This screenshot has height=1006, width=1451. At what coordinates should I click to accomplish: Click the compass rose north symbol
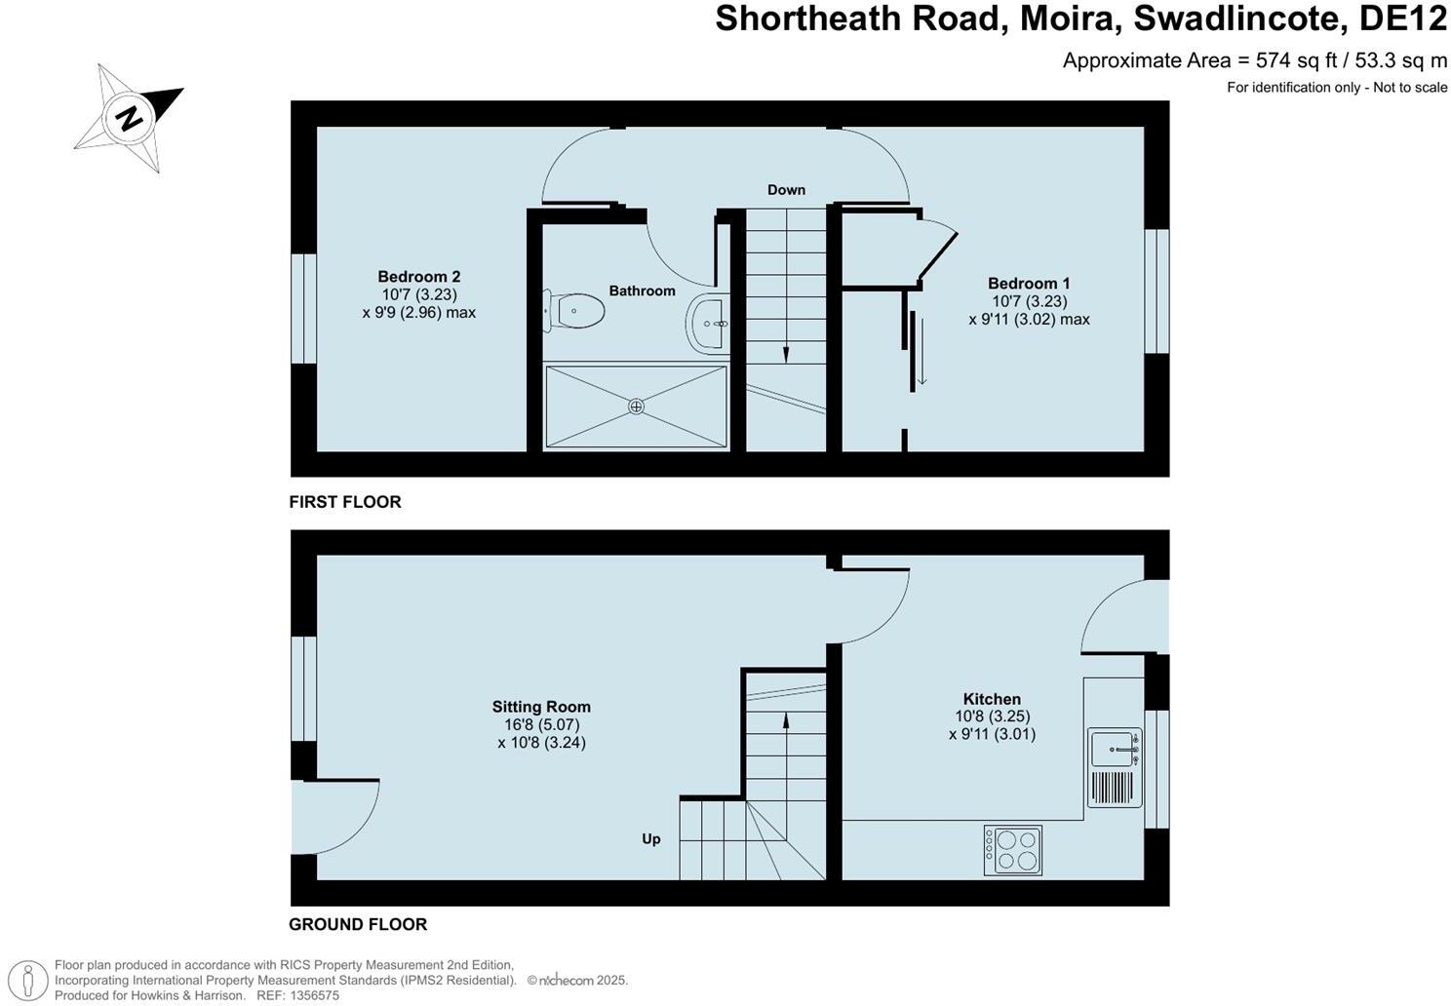(x=129, y=118)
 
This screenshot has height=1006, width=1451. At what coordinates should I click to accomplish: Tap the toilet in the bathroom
(x=574, y=311)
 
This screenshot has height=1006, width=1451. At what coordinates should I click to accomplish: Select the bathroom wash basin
(x=707, y=323)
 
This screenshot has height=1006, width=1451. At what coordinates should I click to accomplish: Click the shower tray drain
(x=636, y=406)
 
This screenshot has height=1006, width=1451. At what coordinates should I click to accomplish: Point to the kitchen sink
(x=1114, y=749)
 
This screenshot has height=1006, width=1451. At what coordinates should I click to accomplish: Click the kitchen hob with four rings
(x=1013, y=849)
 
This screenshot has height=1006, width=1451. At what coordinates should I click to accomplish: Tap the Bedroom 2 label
(x=418, y=277)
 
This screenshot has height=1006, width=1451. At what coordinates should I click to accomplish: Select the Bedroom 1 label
(x=1029, y=284)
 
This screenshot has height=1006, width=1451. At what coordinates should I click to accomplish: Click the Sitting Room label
(x=541, y=707)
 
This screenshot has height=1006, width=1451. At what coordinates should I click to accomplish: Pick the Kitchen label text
(x=992, y=699)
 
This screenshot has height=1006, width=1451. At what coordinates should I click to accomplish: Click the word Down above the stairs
(x=786, y=190)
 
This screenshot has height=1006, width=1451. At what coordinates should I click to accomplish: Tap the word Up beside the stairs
(x=651, y=838)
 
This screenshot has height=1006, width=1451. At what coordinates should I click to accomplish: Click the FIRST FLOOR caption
(x=345, y=502)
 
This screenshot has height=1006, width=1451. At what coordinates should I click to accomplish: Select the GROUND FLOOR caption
(x=358, y=924)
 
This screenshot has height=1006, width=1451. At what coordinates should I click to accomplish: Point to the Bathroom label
(x=642, y=290)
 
